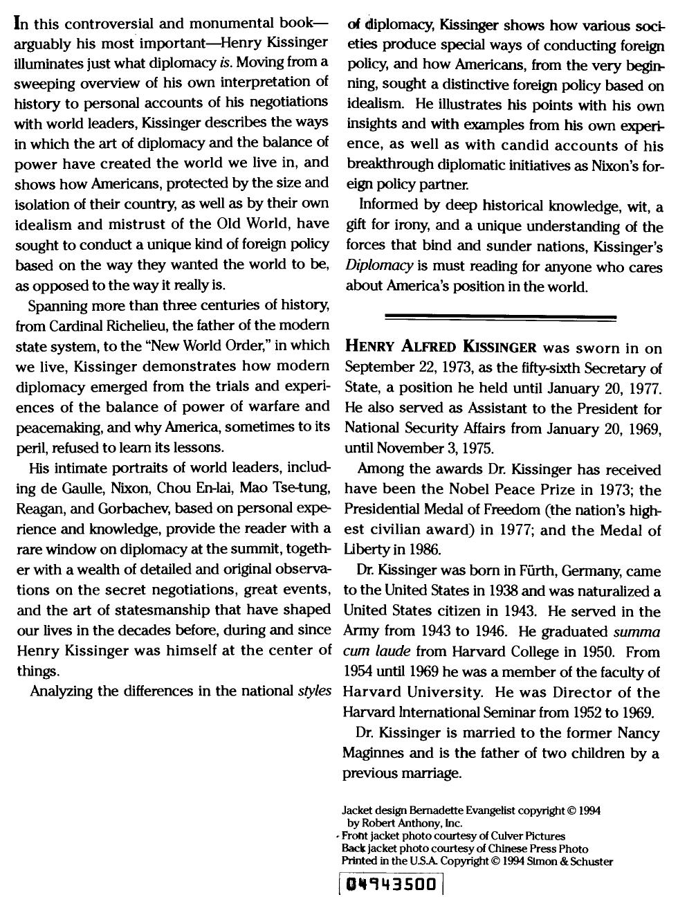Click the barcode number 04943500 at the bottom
(392, 885)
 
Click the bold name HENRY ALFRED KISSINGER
(441, 347)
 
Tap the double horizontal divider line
(500, 318)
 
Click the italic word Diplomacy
(379, 266)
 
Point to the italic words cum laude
(376, 653)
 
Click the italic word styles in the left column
(314, 691)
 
